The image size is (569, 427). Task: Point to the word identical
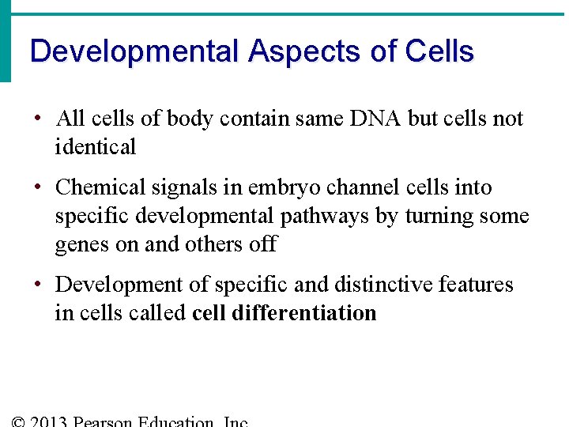(x=96, y=147)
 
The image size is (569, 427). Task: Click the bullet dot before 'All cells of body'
(x=38, y=119)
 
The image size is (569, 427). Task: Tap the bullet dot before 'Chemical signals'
(x=38, y=188)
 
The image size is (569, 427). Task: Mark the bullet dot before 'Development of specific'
(x=38, y=285)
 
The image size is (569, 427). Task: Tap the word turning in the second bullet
(x=442, y=216)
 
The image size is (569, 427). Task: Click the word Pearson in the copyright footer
(x=103, y=421)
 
